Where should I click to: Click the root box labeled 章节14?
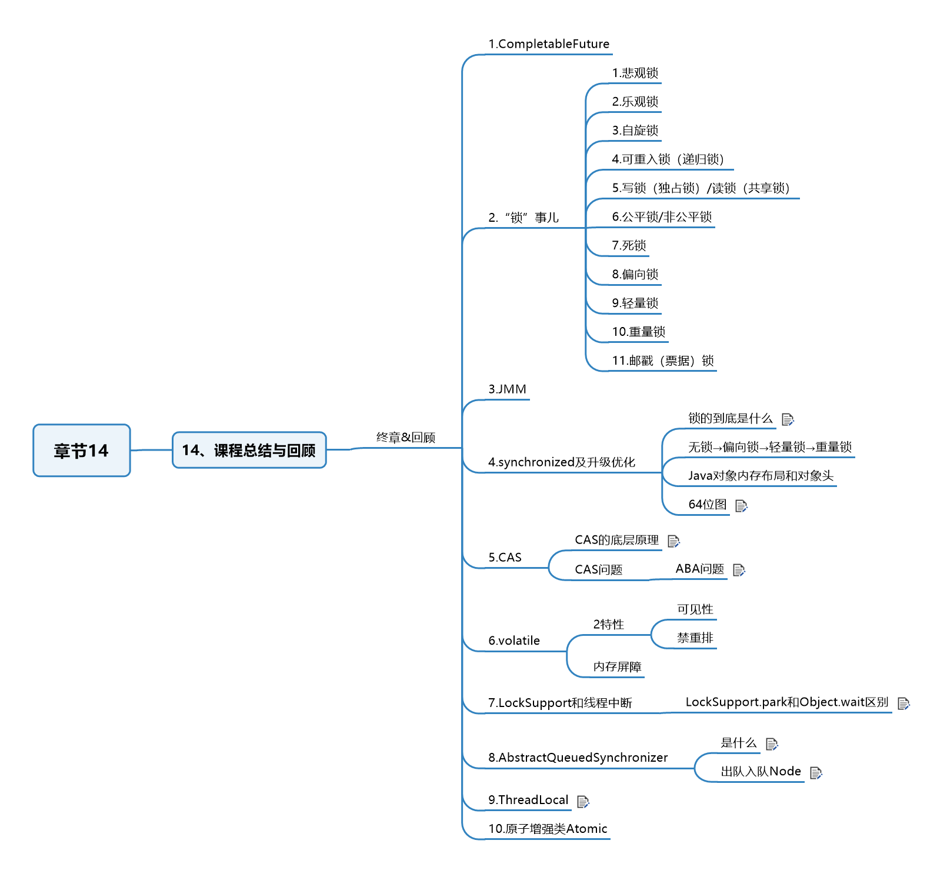[81, 451]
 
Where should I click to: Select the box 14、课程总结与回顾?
[249, 451]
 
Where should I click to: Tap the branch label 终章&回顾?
[405, 438]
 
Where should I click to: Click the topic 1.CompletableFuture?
[548, 44]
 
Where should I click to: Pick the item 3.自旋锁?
[635, 131]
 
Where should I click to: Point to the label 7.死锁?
[629, 245]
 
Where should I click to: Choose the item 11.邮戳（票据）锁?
[662, 361]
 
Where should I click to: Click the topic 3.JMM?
[507, 389]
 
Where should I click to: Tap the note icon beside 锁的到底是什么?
[788, 419]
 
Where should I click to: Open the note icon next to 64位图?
[741, 506]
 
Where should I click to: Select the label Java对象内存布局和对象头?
[761, 476]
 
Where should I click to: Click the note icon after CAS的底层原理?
[673, 541]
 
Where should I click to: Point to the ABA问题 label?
[699, 569]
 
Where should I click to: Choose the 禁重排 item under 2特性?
[695, 638]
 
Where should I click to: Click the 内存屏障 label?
[617, 667]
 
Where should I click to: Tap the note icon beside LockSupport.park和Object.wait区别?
[903, 703]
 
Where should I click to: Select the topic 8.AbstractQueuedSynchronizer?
[578, 758]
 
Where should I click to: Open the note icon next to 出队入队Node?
[816, 773]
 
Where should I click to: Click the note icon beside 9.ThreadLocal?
[583, 801]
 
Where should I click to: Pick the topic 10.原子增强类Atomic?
[547, 829]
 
